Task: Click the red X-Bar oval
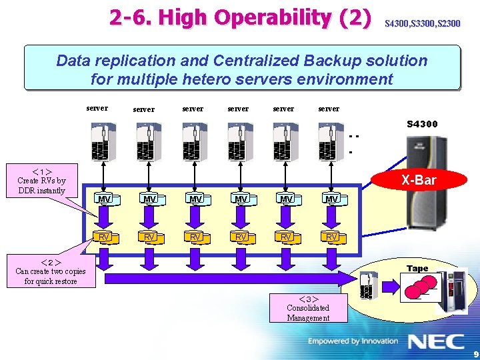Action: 419,180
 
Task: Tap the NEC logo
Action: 436,342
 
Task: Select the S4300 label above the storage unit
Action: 422,124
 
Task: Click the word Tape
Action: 417,269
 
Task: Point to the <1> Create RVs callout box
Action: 41,181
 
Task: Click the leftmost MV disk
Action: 104,199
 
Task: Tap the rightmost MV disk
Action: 331,199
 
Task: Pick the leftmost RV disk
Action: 104,237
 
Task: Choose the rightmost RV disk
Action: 331,237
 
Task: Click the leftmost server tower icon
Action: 103,142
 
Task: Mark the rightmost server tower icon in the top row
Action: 331,142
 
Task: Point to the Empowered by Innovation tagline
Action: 353,341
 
